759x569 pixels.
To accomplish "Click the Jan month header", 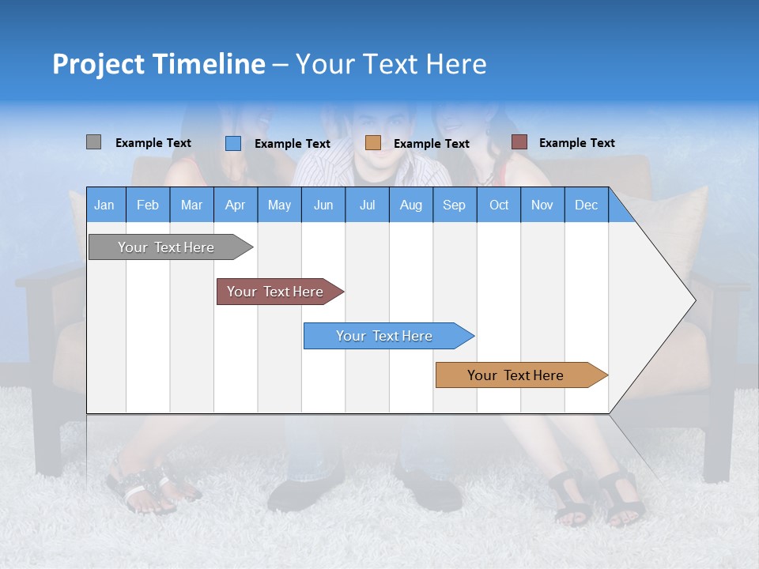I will click(104, 205).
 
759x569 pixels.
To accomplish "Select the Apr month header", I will click(236, 205).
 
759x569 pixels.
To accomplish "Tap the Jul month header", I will click(367, 205).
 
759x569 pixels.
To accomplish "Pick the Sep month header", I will click(454, 205).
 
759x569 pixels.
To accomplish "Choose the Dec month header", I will click(586, 205).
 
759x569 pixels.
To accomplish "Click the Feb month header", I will click(148, 205).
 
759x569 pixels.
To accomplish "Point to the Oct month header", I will click(499, 205).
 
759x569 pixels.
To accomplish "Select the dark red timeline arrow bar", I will click(277, 292).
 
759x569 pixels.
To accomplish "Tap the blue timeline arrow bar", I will click(386, 336).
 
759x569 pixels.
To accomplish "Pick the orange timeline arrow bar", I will click(518, 375).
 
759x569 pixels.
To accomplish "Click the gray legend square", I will click(93, 142).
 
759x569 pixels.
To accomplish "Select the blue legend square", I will click(233, 143).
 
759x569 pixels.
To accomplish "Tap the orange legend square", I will click(373, 143).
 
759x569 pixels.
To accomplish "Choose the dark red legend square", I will click(519, 142).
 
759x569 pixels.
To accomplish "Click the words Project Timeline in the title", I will click(159, 64).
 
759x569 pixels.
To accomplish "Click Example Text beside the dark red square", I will click(576, 143).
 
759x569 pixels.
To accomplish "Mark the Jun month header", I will click(323, 205).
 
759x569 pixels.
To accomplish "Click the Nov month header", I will click(542, 205).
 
